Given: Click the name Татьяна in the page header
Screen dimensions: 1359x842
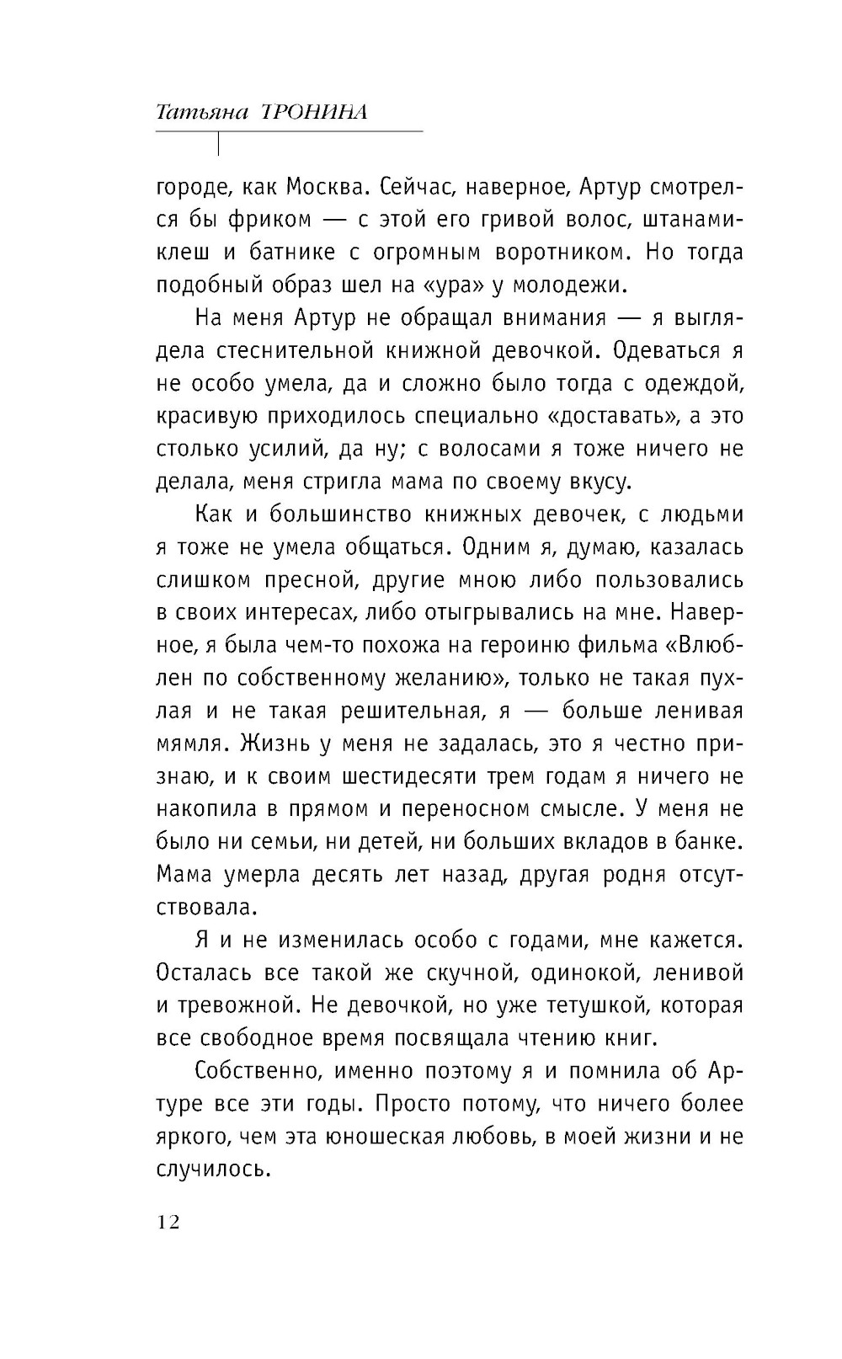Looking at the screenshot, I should tap(202, 113).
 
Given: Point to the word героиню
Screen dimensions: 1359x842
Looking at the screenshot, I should tap(550, 646).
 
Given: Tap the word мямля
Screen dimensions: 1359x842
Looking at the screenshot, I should tap(194, 743).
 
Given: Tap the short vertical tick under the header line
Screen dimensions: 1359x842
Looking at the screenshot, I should tap(219, 144).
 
